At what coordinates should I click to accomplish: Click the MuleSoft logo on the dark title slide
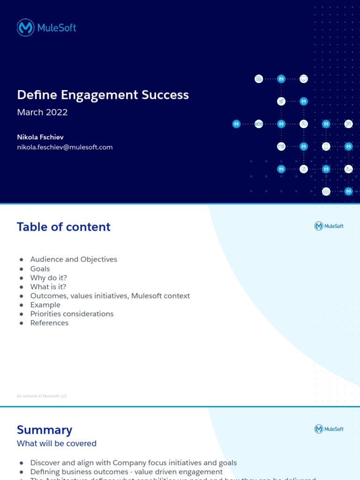[x=46, y=28]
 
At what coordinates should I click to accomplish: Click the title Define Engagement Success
[x=103, y=95]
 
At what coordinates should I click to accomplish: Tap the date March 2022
[x=42, y=112]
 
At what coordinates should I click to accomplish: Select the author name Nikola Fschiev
[x=40, y=137]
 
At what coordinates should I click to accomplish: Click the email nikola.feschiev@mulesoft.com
[x=65, y=147]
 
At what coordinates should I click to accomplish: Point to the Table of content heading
[x=64, y=227]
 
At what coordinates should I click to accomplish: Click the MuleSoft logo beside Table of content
[x=329, y=226]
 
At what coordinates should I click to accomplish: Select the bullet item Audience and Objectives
[x=74, y=259]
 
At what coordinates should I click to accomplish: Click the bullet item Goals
[x=40, y=269]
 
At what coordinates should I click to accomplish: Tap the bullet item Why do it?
[x=48, y=277]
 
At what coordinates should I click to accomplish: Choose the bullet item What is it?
[x=48, y=286]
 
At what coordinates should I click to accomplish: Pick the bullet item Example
[x=45, y=305]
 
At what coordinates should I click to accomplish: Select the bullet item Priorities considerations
[x=72, y=314]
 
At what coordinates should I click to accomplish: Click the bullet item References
[x=49, y=323]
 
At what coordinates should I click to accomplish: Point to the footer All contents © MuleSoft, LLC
[x=42, y=396]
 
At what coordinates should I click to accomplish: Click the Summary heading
[x=45, y=430]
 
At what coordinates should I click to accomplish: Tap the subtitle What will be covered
[x=57, y=443]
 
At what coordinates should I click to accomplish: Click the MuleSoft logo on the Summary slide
[x=329, y=429]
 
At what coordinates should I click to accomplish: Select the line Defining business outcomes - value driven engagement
[x=126, y=472]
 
